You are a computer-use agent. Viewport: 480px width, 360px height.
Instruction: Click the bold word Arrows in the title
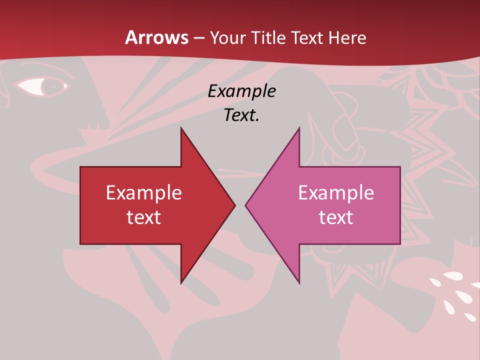coord(156,37)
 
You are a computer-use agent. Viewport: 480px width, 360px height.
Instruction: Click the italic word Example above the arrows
coord(241,91)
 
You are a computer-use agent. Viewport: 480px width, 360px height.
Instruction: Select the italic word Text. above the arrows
coord(241,115)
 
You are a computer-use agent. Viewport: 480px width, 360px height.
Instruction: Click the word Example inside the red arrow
coord(144,192)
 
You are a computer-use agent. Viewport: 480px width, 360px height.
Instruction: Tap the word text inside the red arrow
coord(144,217)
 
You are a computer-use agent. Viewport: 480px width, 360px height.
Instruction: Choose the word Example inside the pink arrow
coord(336,192)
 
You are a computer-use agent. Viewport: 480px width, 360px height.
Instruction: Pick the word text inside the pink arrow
coord(336,217)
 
